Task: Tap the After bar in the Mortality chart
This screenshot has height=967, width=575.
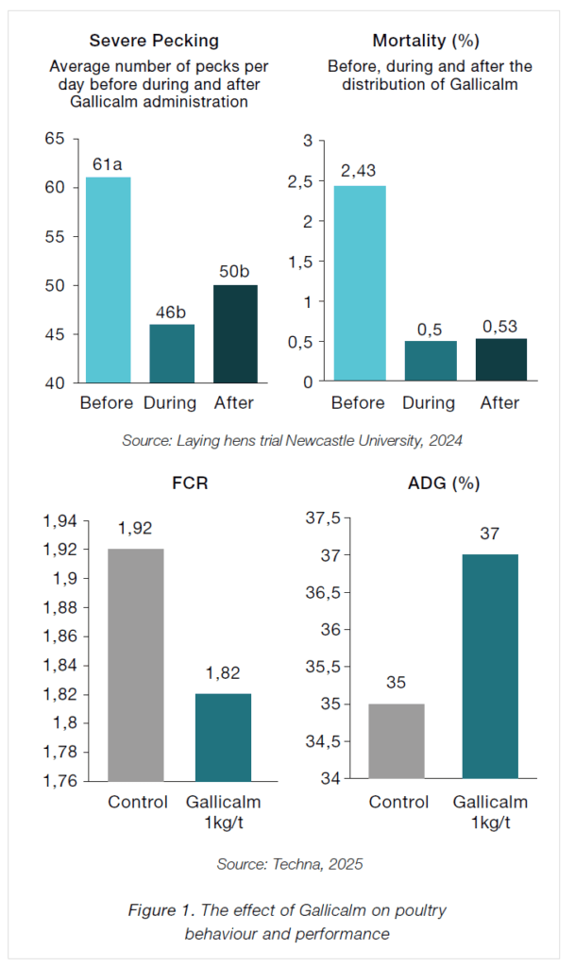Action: [x=499, y=360]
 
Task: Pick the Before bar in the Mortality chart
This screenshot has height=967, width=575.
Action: [x=360, y=282]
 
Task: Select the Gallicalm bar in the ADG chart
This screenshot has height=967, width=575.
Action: [x=490, y=666]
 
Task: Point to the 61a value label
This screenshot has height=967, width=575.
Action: [x=107, y=165]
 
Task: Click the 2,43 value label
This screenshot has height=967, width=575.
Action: [x=360, y=172]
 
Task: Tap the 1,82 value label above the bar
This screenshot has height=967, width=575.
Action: [x=223, y=674]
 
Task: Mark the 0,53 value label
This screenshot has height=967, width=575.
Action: [x=499, y=326]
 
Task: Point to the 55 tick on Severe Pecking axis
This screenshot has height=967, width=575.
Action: [x=56, y=237]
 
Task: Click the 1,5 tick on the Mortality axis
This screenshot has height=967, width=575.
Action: [x=299, y=262]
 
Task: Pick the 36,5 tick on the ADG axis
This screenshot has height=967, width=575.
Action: [x=317, y=592]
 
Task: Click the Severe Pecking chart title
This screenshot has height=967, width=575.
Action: [x=153, y=41]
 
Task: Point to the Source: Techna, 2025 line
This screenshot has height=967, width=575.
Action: [x=289, y=863]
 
